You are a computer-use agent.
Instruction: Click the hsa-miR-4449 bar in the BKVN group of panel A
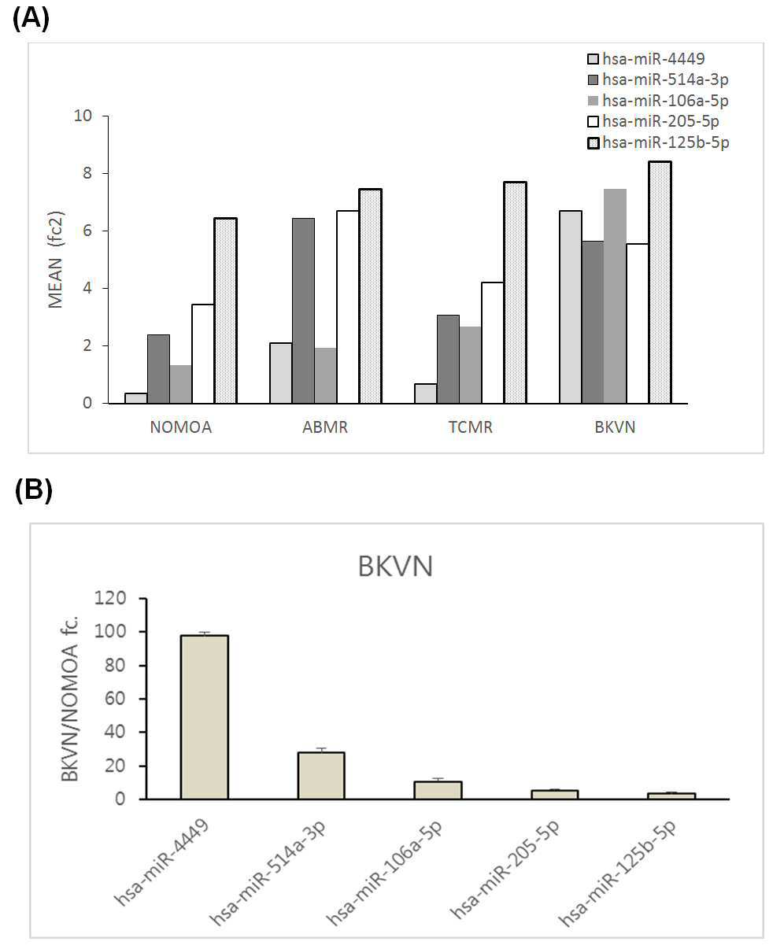(570, 307)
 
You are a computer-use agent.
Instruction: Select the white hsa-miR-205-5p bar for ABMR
(348, 307)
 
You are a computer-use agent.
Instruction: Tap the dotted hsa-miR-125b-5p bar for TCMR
(515, 293)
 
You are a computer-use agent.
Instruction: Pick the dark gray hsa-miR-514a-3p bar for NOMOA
(159, 369)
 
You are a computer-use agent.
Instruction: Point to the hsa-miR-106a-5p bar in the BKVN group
(615, 296)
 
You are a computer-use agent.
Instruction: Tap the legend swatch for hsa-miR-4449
(593, 59)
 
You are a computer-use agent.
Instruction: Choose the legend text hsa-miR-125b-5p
(666, 142)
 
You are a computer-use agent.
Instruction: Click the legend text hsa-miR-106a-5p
(665, 101)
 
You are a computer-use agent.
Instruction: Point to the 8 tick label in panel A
(87, 173)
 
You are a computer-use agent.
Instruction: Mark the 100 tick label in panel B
(110, 631)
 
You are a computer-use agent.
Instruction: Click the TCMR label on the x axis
(470, 427)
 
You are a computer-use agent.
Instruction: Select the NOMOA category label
(181, 427)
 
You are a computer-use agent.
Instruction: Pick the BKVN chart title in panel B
(395, 567)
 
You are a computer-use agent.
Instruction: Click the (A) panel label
(31, 19)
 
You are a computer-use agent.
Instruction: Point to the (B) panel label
(34, 490)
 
